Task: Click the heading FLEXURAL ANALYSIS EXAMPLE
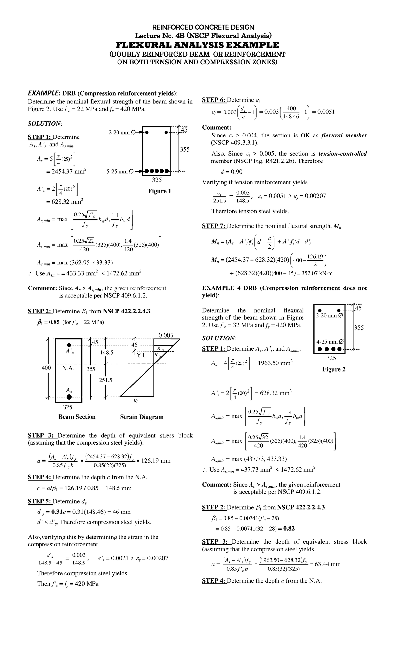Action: coord(197,45)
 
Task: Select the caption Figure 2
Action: coord(334,369)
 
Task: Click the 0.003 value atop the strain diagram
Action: coord(166,335)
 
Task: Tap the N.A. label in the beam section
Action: coord(68,368)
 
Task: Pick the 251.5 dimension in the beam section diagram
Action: coord(106,380)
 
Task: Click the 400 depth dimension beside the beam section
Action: coord(46,368)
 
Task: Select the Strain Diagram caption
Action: coord(142,417)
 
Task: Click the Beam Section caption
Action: coord(77,417)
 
